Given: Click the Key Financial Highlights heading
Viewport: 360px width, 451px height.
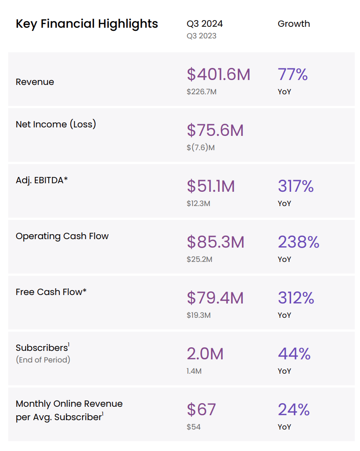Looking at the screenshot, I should [87, 24].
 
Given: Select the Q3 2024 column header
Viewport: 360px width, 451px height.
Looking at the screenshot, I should [205, 24].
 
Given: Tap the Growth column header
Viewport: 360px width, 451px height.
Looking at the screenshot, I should [293, 24].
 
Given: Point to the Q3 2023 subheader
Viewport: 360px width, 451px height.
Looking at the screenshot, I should [201, 36].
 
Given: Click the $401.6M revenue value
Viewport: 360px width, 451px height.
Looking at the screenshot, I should [218, 74].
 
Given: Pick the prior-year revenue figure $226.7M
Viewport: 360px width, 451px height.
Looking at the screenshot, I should [201, 92].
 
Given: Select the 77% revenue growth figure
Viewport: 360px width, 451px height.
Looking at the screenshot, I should [292, 74].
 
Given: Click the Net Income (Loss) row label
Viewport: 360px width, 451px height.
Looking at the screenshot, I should [56, 124].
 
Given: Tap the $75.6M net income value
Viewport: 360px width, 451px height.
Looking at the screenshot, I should [215, 130].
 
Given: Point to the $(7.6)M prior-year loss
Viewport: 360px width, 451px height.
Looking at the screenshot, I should [200, 148].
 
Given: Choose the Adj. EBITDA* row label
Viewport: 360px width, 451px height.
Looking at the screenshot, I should [42, 180].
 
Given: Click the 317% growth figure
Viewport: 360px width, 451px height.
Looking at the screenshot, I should [296, 186].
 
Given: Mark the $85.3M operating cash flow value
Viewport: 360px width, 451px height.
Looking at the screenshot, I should [216, 242].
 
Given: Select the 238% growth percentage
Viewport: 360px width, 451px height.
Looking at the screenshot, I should [298, 242].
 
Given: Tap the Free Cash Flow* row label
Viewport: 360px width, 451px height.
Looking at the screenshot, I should [51, 292].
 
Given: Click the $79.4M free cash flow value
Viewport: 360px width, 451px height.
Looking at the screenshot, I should [216, 298].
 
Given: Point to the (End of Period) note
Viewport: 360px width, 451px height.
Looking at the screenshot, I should [43, 359].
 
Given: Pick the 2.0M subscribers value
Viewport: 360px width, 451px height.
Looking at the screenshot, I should [205, 354].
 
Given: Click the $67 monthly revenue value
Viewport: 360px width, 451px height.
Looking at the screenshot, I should [201, 409].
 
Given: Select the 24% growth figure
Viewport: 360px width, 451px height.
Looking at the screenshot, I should [294, 409].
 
